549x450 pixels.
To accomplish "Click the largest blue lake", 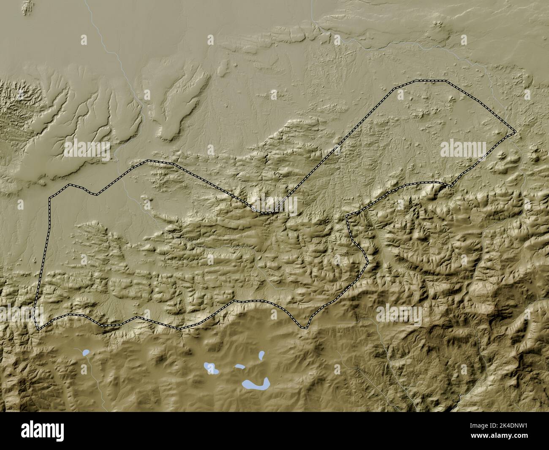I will coord(256,384).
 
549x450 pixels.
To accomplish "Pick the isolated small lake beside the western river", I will coord(86,352).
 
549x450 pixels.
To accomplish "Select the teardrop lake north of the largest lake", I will coord(262,355).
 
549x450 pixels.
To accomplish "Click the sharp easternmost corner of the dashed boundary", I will coord(516,133).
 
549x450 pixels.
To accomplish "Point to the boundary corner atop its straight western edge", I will coord(49,197).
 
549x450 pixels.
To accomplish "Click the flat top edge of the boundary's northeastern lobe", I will coord(422,80).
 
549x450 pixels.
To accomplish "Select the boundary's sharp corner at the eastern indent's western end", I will coord(347,216).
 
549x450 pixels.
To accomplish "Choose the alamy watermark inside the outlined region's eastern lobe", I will coord(463,149).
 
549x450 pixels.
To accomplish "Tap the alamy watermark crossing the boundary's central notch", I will coord(274,206).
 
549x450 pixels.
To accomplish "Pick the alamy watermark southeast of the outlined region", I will coord(399,314).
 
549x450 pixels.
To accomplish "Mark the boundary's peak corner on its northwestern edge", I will coord(147,161).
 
